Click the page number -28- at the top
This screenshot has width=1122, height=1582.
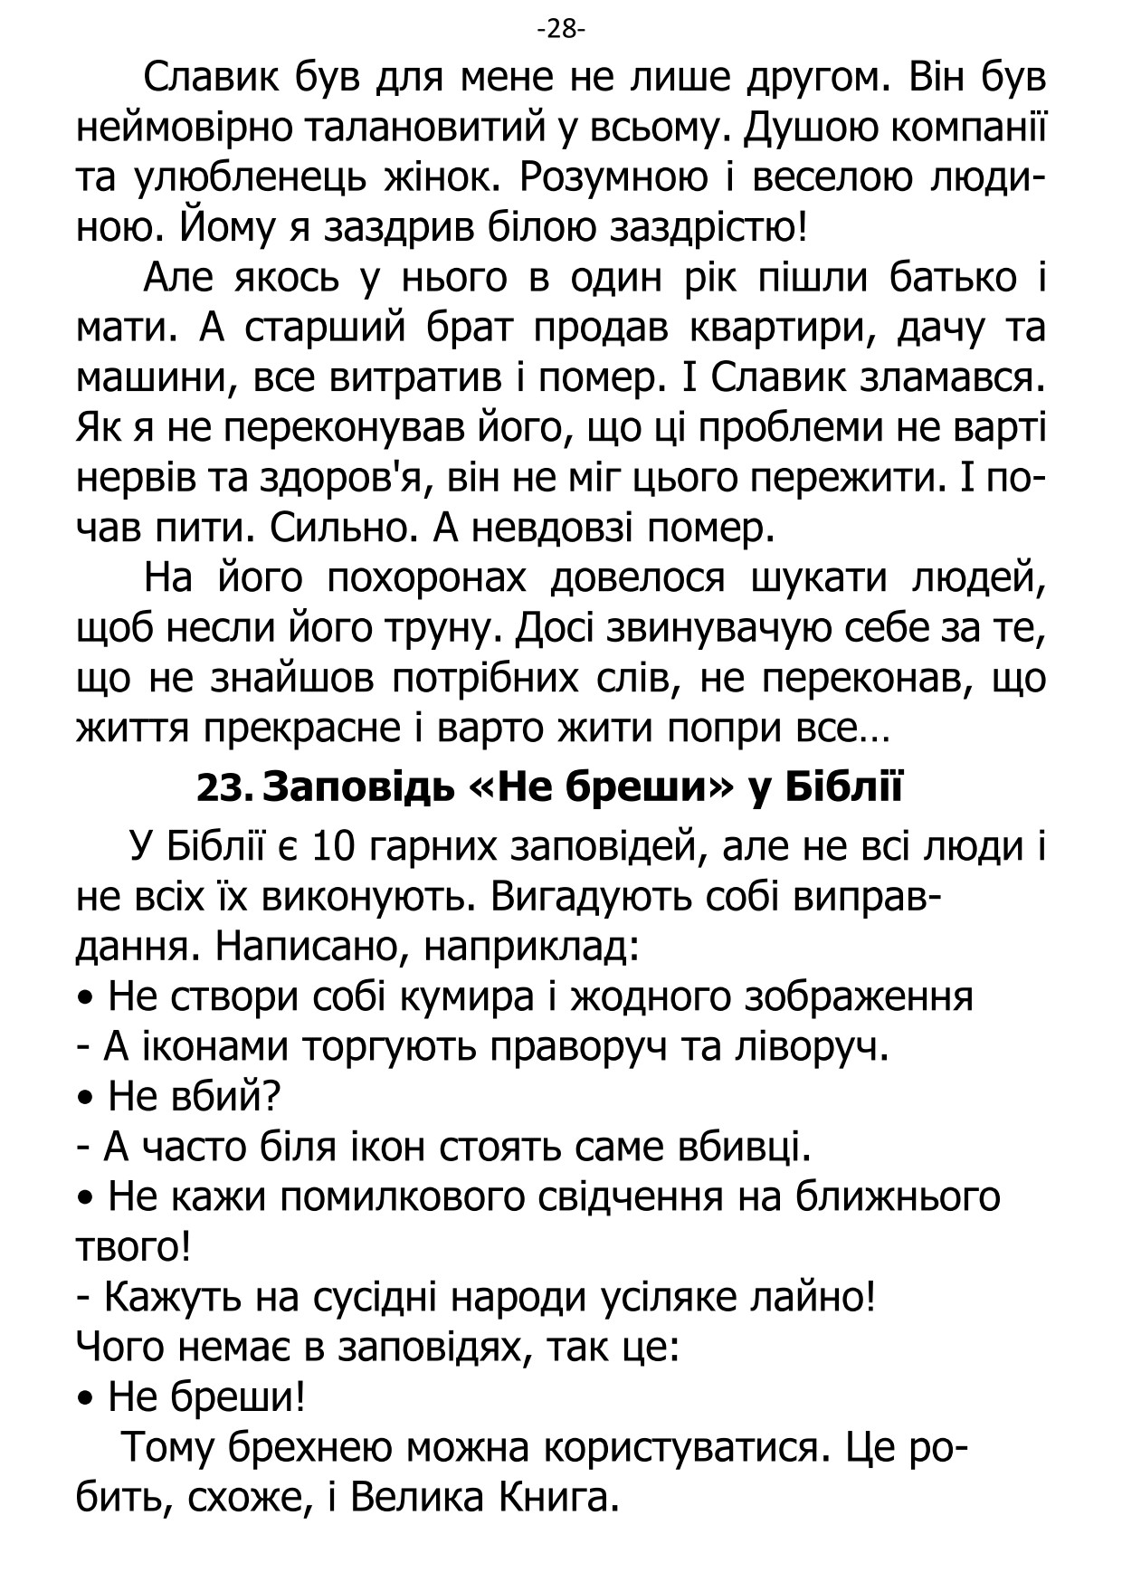tap(561, 30)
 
